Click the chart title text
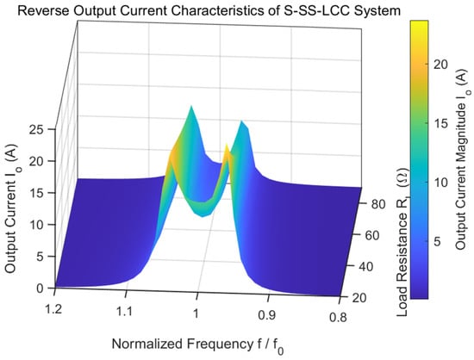point(209,11)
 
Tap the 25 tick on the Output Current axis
point(36,129)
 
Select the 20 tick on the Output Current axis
point(36,161)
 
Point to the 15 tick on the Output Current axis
point(36,193)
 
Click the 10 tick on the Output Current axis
point(36,225)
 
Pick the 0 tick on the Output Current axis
point(41,289)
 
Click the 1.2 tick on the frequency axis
point(53,309)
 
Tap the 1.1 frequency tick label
point(125,311)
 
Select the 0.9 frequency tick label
point(267,315)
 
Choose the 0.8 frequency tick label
point(338,318)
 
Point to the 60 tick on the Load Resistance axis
point(371,236)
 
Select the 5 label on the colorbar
point(436,241)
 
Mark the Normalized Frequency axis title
point(198,345)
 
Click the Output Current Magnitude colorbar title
point(462,161)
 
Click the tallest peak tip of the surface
point(191,106)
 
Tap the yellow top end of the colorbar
point(419,22)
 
